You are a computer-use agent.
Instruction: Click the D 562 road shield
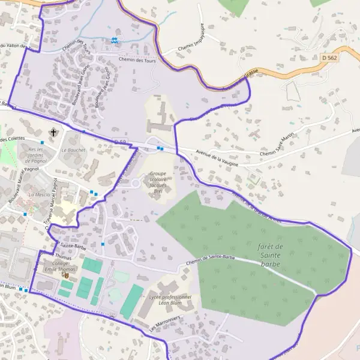click(x=329, y=58)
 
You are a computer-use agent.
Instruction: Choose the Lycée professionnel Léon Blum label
click(x=170, y=300)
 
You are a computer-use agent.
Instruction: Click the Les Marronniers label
click(x=165, y=323)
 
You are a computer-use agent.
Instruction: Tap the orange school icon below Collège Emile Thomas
click(x=66, y=276)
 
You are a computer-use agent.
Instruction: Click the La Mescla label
click(x=40, y=194)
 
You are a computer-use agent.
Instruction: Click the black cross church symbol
click(x=53, y=132)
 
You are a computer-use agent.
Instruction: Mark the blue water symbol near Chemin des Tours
click(x=114, y=40)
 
